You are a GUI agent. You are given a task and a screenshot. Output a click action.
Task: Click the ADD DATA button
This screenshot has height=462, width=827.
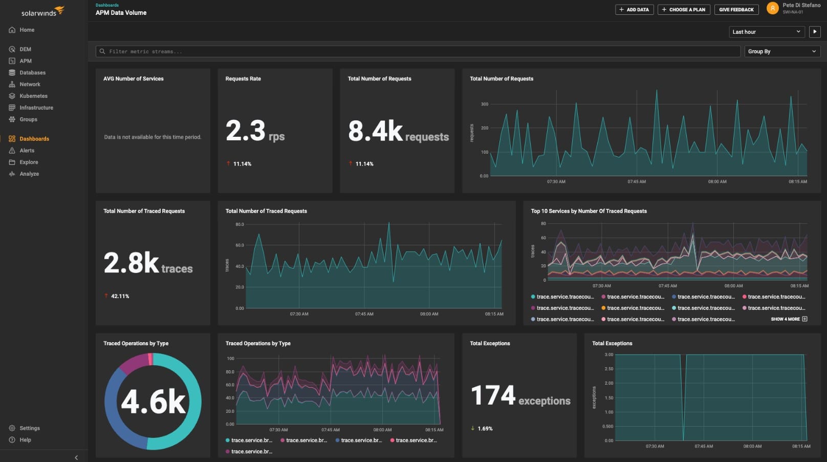tap(634, 10)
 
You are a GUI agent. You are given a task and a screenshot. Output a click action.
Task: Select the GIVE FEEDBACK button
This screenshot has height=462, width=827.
tap(736, 10)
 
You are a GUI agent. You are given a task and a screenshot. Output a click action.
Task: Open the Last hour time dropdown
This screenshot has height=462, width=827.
tap(766, 32)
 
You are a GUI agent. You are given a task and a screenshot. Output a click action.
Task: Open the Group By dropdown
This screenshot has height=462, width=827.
tap(782, 51)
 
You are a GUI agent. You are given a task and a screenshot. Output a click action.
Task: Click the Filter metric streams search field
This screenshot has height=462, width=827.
tap(417, 51)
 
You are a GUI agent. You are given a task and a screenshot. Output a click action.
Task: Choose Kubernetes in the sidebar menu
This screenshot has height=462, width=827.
tap(33, 96)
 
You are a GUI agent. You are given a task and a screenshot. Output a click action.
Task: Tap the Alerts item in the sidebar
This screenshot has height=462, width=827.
tap(27, 151)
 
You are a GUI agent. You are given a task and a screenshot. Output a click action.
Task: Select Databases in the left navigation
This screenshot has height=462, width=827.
tap(32, 73)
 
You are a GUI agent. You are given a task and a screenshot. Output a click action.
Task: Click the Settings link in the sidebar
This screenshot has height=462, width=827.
tap(29, 428)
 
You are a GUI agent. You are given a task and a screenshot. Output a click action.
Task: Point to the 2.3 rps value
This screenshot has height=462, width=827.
tap(254, 131)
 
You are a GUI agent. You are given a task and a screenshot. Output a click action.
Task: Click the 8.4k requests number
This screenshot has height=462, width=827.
tap(398, 132)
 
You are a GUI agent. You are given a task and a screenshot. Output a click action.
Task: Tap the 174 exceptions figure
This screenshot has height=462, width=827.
tap(520, 396)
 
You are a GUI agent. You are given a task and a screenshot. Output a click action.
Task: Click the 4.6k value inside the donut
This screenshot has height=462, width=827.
tap(153, 402)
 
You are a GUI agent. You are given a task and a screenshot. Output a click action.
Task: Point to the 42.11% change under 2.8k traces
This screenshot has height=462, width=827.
tap(119, 296)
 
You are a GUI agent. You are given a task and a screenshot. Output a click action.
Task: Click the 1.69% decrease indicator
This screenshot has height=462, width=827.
tap(484, 429)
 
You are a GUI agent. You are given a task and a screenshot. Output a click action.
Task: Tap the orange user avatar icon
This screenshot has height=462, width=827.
tap(772, 8)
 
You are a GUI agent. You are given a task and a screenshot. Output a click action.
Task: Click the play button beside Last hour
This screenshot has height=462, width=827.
tap(815, 32)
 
